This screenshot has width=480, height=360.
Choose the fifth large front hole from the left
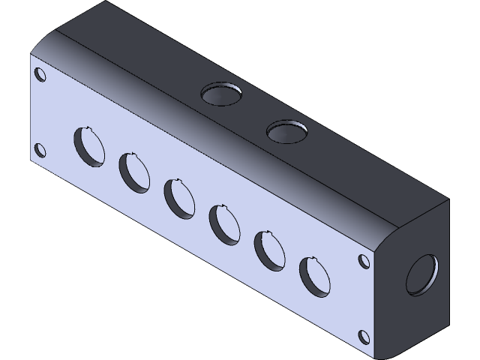[270, 250]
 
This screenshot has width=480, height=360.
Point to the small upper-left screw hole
[40, 76]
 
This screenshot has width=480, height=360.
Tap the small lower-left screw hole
[40, 150]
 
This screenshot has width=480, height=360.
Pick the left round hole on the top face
[222, 94]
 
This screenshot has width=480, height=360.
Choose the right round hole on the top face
[288, 132]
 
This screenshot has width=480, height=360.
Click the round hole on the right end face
[421, 276]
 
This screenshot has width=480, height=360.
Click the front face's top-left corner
[30, 55]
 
